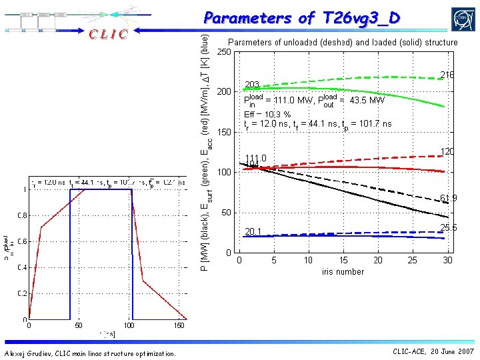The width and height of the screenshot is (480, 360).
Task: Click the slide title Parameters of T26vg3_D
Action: pos(302,18)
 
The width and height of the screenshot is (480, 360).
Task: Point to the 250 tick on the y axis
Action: pos(224,52)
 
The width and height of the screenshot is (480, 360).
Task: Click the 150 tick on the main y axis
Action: pos(224,132)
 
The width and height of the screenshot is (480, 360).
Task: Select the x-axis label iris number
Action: pos(343,271)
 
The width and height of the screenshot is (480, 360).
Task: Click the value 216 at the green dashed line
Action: pos(447,75)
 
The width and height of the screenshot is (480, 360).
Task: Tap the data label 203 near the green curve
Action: pos(252,85)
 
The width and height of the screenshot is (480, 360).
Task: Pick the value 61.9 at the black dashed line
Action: pos(448,198)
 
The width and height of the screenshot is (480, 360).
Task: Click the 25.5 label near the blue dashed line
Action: pos(448,227)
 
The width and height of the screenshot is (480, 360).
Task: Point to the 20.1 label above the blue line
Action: pos(253,232)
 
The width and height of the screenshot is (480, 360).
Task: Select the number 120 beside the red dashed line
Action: pos(447,152)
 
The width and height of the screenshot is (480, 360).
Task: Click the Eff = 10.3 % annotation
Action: pos(267,114)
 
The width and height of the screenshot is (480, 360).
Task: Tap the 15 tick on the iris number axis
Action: pos(343,261)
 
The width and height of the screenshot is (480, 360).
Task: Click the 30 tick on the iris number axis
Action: pos(447,261)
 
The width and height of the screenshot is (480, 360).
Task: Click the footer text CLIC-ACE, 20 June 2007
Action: pos(433,351)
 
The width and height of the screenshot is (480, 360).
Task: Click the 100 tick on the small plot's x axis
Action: pos(129,326)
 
